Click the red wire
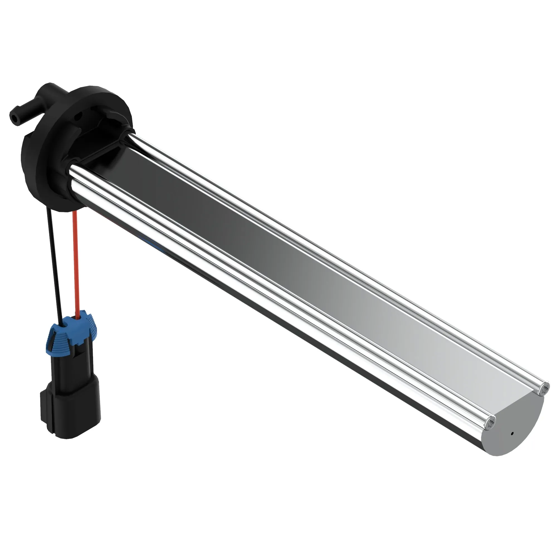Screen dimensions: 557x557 [76, 260]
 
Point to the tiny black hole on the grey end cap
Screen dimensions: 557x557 [512, 441]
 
